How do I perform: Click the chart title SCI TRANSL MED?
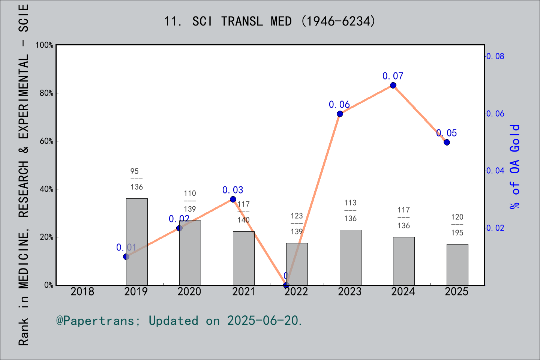[x=270, y=21]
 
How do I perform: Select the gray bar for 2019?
[x=136, y=242]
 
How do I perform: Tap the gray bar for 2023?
[x=350, y=258]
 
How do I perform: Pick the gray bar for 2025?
[x=457, y=265]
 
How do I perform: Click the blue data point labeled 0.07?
[x=393, y=85]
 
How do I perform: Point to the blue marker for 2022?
[x=286, y=285]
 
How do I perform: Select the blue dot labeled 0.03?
[x=233, y=199]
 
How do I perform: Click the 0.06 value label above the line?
[x=339, y=105]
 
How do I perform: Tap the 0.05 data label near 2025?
[x=446, y=133]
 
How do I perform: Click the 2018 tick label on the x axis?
[x=82, y=292]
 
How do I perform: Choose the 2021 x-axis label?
[x=243, y=292]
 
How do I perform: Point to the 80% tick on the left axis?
[x=46, y=93]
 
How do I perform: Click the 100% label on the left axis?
[x=45, y=45]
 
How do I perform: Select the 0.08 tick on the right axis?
[x=495, y=57]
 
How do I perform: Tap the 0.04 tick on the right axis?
[x=495, y=171]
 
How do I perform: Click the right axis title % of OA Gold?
[x=515, y=167]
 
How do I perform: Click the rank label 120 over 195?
[x=457, y=225]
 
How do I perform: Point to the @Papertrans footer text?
[x=179, y=321]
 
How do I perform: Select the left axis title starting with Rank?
[x=24, y=174]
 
